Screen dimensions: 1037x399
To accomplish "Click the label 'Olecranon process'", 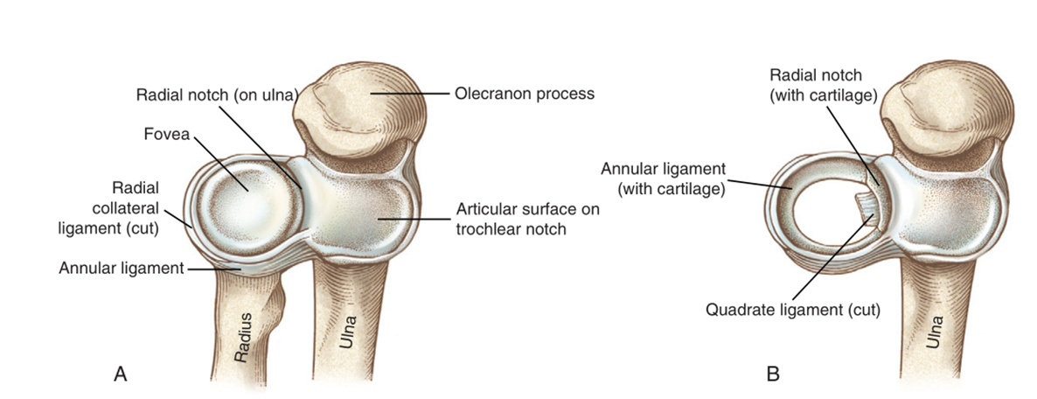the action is pos(525,94).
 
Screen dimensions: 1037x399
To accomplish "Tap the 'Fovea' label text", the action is pos(167,134).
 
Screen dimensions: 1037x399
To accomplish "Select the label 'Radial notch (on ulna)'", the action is pos(208,94).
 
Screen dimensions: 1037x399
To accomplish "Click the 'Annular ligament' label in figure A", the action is pos(120,268).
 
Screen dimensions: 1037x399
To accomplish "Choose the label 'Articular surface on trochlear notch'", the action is pos(528,220).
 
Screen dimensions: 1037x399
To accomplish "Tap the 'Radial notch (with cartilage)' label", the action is pos(823,86).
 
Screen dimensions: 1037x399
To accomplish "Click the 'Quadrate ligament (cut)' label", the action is pos(793,309).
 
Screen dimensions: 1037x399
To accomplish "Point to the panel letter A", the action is pos(120,374).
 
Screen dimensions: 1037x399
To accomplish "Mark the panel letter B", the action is pos(772,374).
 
